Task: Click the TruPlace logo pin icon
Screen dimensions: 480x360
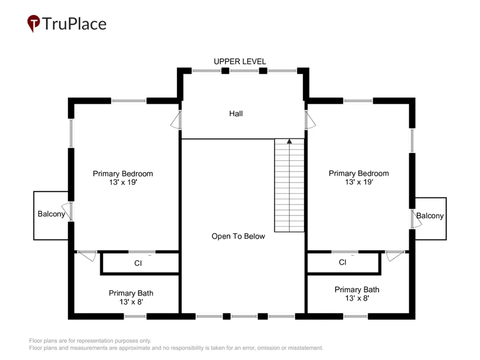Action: coord(34,23)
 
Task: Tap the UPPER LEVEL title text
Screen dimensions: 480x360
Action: coord(239,62)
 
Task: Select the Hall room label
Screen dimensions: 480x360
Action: coord(236,113)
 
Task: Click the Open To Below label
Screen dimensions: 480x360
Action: coord(238,236)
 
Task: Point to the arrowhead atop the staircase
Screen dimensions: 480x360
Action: coord(289,142)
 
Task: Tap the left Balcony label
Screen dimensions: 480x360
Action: coord(51,214)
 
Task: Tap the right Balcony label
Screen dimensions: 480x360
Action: coord(430,216)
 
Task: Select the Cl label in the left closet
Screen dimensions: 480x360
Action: coord(138,263)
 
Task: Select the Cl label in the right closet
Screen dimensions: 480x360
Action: coord(343,262)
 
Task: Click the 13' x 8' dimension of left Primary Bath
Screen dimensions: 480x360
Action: coord(131,302)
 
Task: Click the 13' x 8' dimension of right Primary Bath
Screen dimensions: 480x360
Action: coord(357,298)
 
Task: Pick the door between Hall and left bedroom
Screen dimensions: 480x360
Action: coord(176,119)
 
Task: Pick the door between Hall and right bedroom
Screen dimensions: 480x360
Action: coord(310,119)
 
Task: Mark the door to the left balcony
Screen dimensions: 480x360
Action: coord(68,211)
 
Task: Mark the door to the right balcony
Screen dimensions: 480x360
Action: coord(416,218)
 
